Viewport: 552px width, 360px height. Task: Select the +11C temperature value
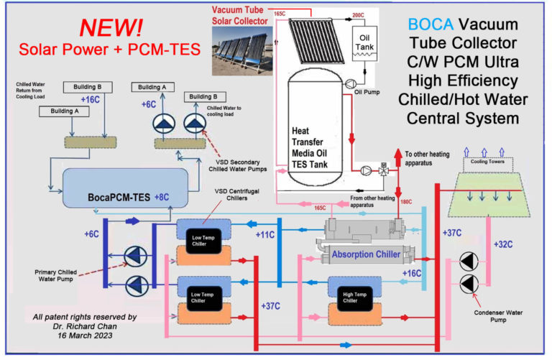tap(267, 234)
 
